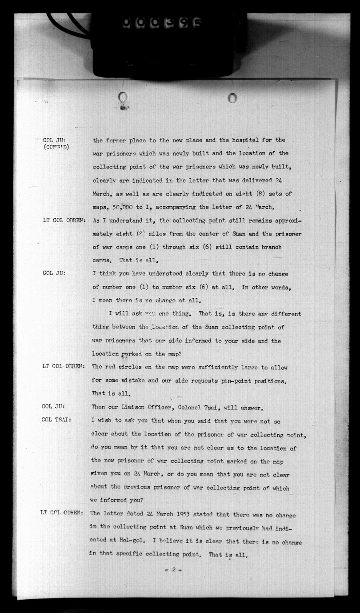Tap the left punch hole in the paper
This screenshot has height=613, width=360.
123,97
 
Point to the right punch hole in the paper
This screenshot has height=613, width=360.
232,97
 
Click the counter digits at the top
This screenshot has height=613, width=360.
162,22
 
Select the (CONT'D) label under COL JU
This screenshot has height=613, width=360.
56,148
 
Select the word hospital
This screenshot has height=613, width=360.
248,140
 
